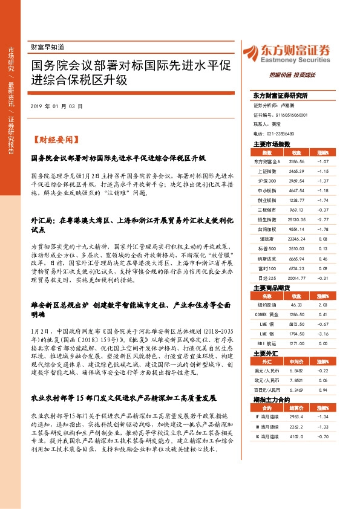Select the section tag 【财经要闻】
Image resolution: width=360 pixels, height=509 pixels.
[x=54, y=138]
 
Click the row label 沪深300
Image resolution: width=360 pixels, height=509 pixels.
[x=266, y=181]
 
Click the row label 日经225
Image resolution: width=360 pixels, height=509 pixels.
[x=266, y=278]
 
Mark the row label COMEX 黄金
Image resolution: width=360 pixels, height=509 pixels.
[x=266, y=315]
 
